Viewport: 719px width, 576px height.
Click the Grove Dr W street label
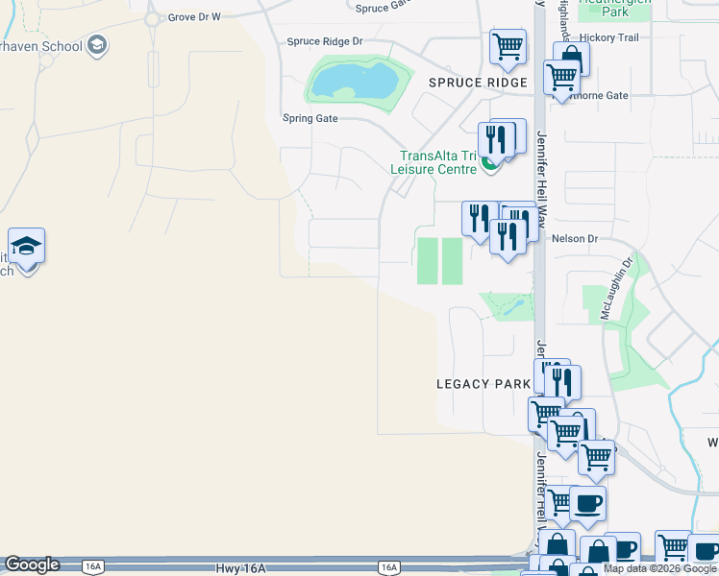pyautogui.click(x=194, y=17)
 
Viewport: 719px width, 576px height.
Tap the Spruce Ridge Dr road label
pyautogui.click(x=326, y=41)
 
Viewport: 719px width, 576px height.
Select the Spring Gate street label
pyautogui.click(x=310, y=118)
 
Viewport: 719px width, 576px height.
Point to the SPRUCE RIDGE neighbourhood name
pyautogui.click(x=478, y=83)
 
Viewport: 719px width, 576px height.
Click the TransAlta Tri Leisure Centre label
pyautogui.click(x=438, y=162)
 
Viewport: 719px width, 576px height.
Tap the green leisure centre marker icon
pyautogui.click(x=490, y=164)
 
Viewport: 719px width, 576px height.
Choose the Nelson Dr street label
pyautogui.click(x=575, y=238)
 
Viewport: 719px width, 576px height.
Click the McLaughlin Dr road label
pyautogui.click(x=616, y=286)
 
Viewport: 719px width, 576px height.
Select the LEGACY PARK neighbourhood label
pyautogui.click(x=483, y=384)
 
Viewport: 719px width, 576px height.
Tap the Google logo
pyautogui.click(x=32, y=565)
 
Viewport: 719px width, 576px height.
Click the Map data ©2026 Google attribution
pyautogui.click(x=659, y=569)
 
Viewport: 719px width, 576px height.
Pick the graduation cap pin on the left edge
pyautogui.click(x=27, y=247)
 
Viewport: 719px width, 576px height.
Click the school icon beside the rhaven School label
pyautogui.click(x=96, y=45)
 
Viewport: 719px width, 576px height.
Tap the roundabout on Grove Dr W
pyautogui.click(x=152, y=18)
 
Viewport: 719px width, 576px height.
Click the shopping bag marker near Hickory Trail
pyautogui.click(x=571, y=58)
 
